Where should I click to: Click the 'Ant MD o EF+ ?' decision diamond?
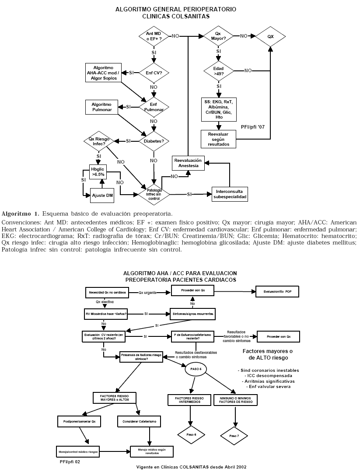click(154, 36)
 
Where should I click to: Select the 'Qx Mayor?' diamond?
click(218, 36)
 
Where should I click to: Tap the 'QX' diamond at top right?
click(270, 36)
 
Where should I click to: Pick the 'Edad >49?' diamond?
click(218, 71)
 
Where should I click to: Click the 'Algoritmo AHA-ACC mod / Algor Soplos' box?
click(103, 72)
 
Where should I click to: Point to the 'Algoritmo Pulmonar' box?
click(101, 108)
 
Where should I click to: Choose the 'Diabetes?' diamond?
click(154, 141)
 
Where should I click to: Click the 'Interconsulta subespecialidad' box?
click(230, 194)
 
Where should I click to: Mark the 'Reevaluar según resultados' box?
click(219, 139)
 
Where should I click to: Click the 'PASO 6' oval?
click(196, 369)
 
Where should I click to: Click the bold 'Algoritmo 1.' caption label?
click(20, 213)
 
